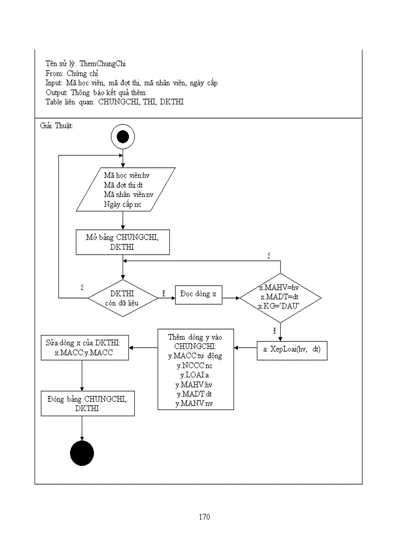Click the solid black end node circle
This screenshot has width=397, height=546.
(82, 454)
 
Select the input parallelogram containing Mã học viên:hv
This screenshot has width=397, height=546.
(126, 190)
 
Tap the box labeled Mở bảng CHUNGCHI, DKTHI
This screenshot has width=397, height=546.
(123, 242)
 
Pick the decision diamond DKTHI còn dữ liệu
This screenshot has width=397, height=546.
(123, 299)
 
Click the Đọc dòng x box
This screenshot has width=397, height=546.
(198, 295)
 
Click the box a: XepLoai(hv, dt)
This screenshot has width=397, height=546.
(292, 350)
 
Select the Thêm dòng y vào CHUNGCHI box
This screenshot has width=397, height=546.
(195, 370)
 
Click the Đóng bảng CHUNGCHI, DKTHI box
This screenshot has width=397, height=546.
(88, 404)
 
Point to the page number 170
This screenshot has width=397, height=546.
(204, 517)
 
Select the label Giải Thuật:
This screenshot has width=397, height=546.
(56, 125)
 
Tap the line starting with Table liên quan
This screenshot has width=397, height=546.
(114, 102)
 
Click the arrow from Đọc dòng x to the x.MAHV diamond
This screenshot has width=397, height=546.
(231, 298)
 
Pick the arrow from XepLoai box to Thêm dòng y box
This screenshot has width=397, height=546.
(245, 348)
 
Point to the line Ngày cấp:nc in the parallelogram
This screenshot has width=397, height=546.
(123, 204)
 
